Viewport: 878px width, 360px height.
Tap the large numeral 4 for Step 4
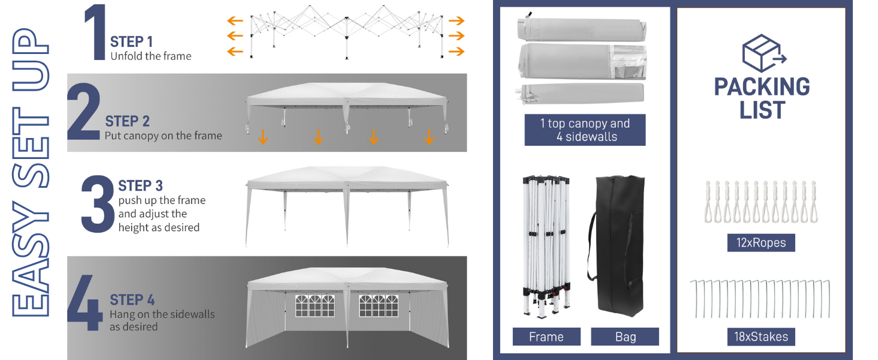[x=85, y=302]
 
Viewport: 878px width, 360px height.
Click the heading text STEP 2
[x=127, y=122]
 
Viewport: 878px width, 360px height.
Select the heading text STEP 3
[x=140, y=186]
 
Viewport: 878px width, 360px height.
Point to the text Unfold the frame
[x=151, y=56]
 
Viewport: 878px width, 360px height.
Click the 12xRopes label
[x=761, y=243]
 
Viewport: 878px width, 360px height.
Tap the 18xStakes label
[x=761, y=337]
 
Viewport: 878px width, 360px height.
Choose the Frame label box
[x=546, y=337]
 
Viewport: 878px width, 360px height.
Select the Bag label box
[x=625, y=337]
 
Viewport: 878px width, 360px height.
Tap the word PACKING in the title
[x=762, y=86]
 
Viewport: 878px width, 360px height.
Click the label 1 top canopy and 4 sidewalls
[x=585, y=130]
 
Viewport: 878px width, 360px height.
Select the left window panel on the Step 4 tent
[x=315, y=306]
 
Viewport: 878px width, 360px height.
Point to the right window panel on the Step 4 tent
[x=378, y=306]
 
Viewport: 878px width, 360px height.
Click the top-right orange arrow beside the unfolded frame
[x=456, y=20]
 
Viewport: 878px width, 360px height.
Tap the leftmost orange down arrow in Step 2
[x=263, y=137]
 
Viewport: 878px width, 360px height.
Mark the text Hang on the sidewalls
[x=163, y=314]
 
